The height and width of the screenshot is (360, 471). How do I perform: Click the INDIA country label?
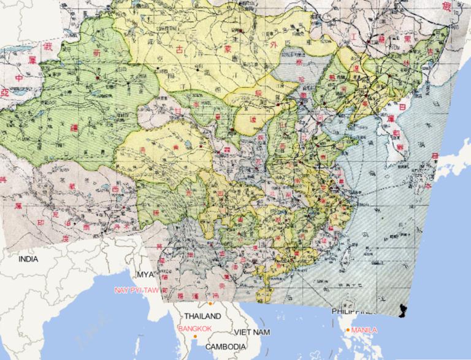point(28,259)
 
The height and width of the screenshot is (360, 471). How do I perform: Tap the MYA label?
point(144,274)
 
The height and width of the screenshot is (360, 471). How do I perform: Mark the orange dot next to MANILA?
point(348,331)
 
